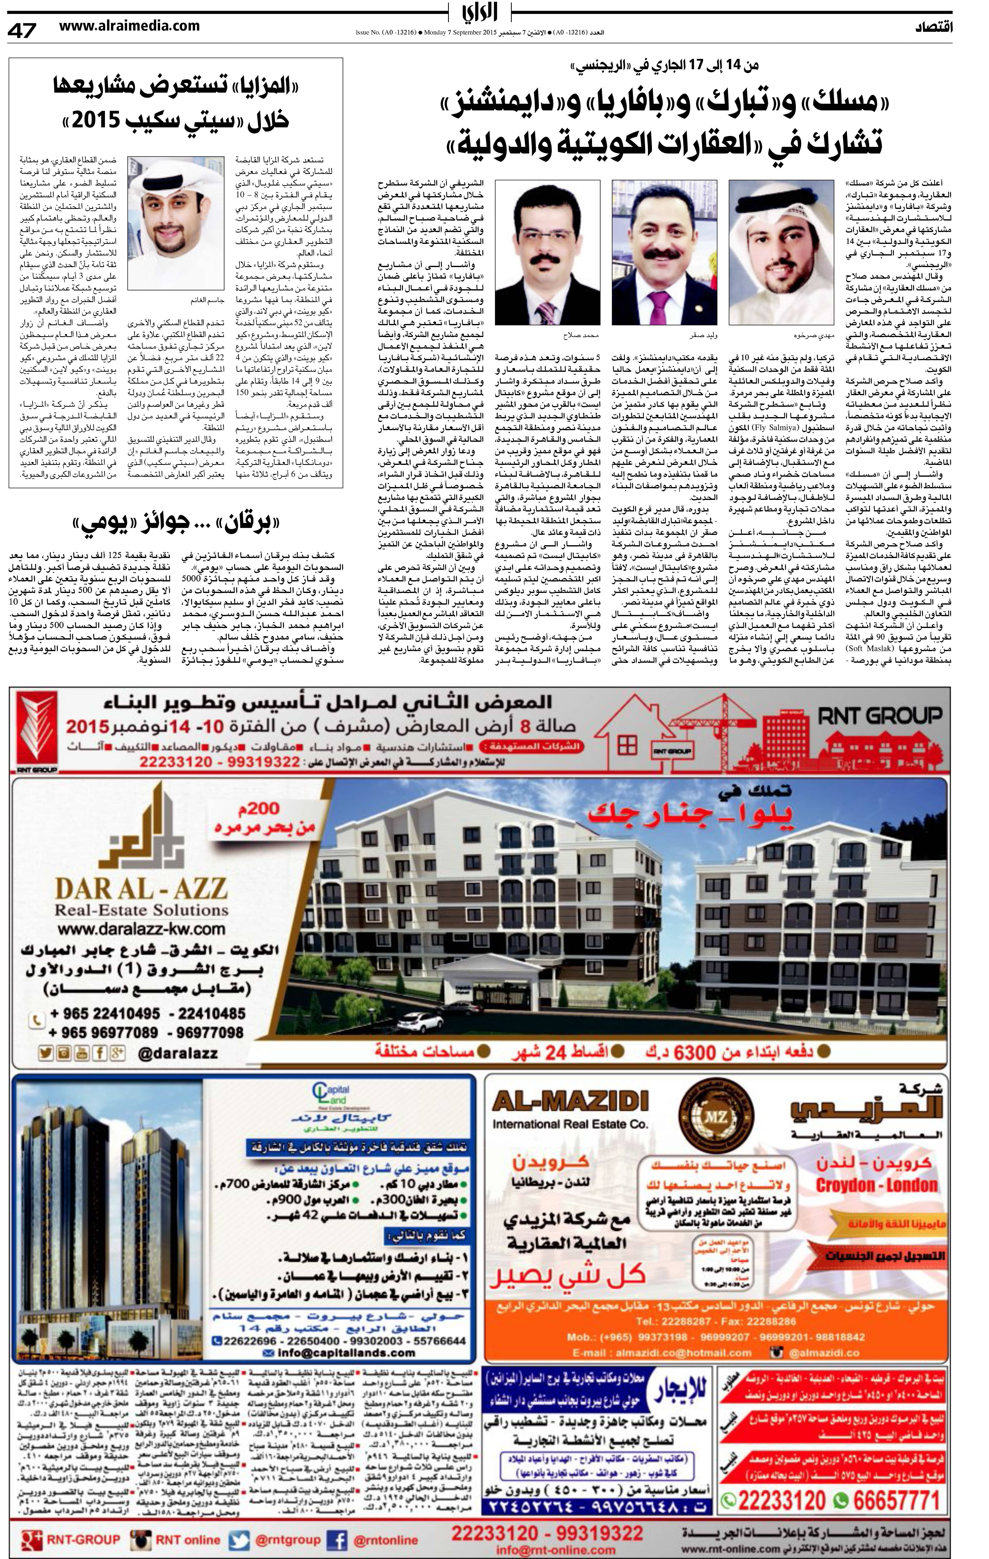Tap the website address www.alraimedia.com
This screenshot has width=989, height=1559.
point(130,26)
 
